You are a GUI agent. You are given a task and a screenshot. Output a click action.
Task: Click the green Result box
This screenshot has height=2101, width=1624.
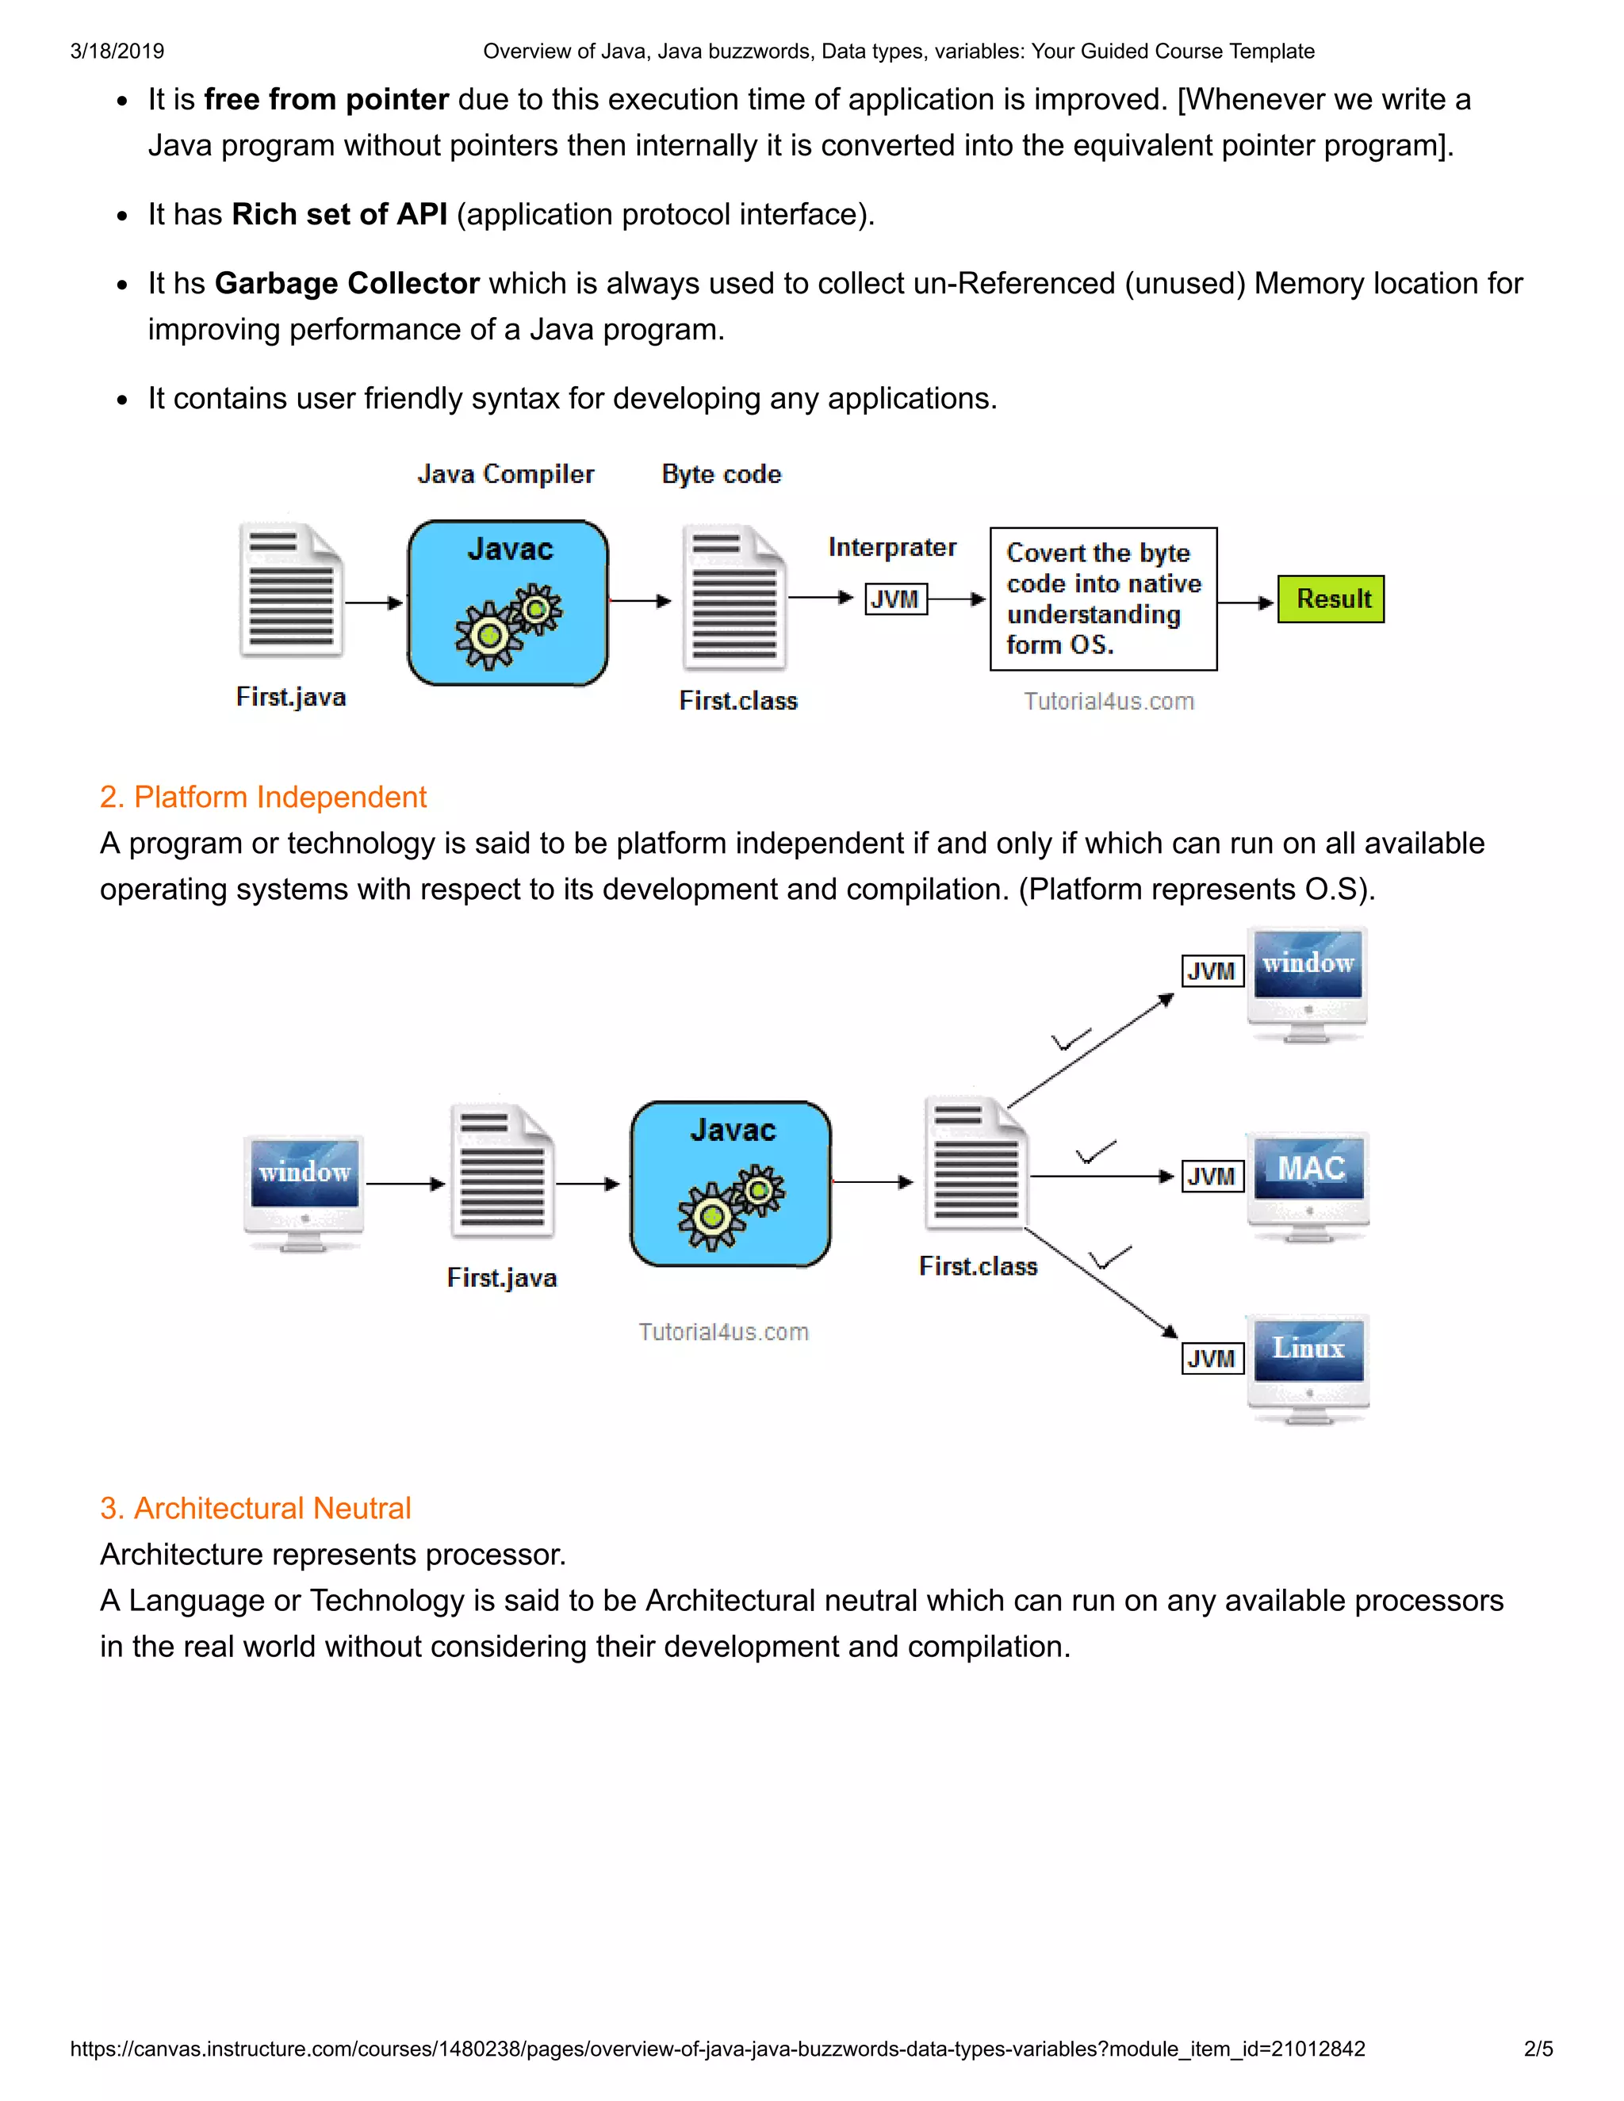[1331, 599]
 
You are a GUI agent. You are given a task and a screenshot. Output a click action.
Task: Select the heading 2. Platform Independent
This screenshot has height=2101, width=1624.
[262, 797]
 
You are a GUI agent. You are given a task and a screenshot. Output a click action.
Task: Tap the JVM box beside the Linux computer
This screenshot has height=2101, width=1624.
[1212, 1358]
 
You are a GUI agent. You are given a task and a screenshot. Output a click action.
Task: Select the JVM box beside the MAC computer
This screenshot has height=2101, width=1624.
[1212, 1176]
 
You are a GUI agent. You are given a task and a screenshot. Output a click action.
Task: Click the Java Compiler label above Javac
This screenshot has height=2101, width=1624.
[505, 474]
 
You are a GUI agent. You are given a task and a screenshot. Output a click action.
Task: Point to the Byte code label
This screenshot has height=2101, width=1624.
[722, 474]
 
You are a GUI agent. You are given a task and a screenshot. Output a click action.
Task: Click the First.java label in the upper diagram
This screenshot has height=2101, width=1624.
[290, 698]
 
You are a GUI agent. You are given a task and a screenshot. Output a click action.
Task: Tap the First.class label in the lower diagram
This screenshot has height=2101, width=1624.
[978, 1266]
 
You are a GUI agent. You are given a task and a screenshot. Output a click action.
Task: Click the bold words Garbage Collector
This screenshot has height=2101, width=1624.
[347, 284]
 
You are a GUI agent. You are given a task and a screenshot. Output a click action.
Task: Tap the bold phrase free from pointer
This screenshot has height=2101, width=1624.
[326, 99]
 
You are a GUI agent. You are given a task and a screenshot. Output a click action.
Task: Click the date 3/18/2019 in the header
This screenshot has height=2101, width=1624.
[117, 51]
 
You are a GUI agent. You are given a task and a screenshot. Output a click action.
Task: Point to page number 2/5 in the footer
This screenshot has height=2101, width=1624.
[1538, 2049]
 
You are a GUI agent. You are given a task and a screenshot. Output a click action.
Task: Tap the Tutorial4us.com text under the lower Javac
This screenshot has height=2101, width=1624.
[723, 1333]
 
